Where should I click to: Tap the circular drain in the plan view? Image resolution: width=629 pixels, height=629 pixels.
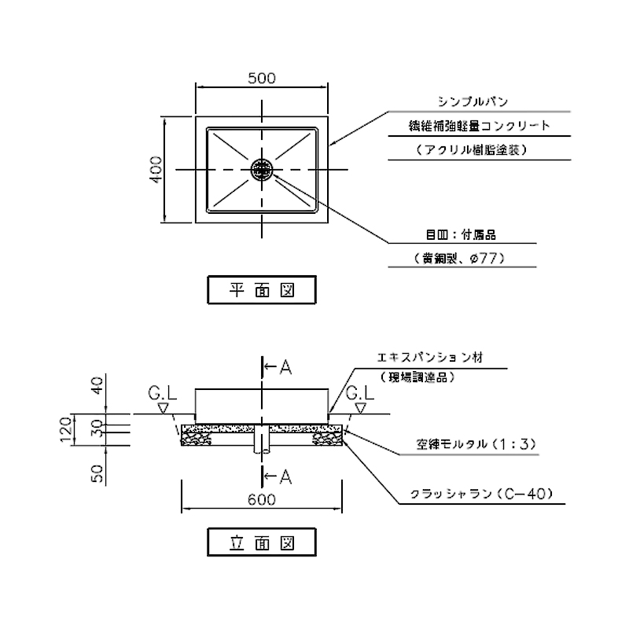[262, 169]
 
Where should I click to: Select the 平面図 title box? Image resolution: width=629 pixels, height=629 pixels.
[261, 289]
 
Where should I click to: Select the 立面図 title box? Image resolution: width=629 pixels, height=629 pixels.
[261, 542]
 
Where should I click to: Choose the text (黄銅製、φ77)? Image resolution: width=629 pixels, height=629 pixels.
[458, 258]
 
